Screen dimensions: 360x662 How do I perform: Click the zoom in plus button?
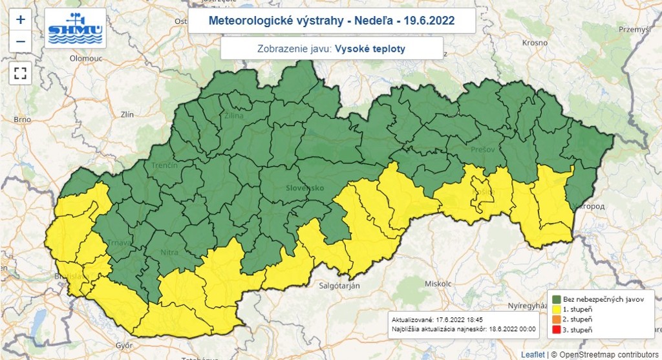(20, 19)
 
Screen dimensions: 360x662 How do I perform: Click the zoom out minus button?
(20, 41)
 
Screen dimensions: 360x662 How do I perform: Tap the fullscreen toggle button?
(20, 73)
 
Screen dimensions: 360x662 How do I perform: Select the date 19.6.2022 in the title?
(430, 21)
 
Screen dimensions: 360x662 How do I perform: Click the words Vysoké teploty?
(370, 48)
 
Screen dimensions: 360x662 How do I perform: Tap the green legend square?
(556, 299)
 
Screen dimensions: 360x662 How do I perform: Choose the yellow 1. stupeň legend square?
(556, 309)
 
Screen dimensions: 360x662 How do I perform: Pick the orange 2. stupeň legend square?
(556, 319)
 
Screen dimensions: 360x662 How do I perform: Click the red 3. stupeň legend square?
(556, 330)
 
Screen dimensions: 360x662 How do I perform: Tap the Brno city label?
(22, 120)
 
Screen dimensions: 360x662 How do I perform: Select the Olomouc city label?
(87, 58)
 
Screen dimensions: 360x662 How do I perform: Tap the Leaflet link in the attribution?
(533, 355)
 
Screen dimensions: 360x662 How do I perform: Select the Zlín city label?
(127, 114)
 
